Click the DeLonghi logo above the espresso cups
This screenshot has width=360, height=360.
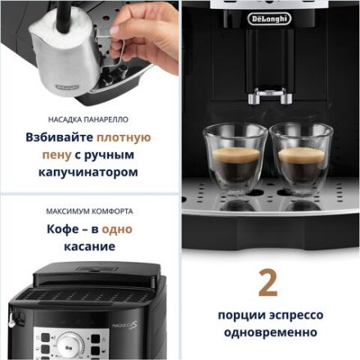click(270, 18)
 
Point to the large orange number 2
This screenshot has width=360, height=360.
click(268, 282)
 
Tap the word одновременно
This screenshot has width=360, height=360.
click(268, 333)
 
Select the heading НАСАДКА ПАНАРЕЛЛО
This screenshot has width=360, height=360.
click(89, 116)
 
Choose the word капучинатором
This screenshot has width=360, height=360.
click(89, 173)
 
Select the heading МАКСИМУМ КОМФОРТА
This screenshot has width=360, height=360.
click(89, 210)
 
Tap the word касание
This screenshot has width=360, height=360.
click(89, 246)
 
